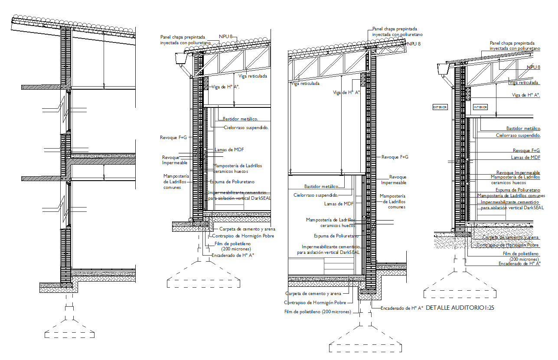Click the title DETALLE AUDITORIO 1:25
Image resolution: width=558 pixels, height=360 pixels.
coord(460,308)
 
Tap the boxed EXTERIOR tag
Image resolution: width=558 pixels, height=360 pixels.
coord(440,107)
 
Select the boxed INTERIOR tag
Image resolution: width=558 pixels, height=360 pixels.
coord(480,107)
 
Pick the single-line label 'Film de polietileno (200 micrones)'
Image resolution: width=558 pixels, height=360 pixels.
coord(317,312)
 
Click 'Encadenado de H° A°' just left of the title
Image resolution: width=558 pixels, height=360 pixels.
coord(401,308)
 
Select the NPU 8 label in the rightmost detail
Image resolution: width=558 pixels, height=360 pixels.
coord(533,67)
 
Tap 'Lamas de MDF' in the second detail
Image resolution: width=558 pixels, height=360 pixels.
coord(229,150)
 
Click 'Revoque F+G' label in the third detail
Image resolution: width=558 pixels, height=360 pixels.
coord(395,157)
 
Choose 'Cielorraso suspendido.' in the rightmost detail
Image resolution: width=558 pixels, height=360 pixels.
coord(518,136)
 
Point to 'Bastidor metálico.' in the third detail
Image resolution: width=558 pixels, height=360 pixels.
coord(321,187)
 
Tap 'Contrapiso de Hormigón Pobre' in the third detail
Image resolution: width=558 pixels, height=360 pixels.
coord(315,303)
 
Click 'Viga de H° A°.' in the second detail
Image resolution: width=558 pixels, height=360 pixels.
coord(225,87)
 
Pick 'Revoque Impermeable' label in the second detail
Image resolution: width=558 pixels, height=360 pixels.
coord(175,160)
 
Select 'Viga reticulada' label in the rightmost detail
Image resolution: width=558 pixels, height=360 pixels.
coord(524,82)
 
